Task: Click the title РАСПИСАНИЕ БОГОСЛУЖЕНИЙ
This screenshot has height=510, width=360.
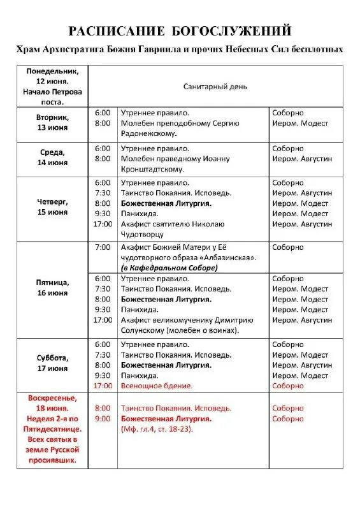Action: click(180, 31)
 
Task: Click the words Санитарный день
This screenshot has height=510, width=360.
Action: click(215, 86)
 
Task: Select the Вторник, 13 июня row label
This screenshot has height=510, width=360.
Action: click(52, 122)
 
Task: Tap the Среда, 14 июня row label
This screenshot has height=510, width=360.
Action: click(52, 157)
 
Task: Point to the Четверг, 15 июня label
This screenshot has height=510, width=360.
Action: click(52, 207)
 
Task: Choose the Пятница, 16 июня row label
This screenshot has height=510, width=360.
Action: click(52, 288)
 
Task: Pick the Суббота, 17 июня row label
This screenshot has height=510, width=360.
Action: click(52, 363)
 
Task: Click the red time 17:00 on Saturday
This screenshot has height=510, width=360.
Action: click(102, 386)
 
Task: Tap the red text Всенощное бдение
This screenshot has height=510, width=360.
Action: click(156, 386)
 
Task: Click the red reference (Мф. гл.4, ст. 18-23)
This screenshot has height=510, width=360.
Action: click(157, 429)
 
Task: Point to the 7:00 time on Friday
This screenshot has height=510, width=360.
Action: click(102, 247)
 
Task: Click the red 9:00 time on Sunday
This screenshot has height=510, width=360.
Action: click(102, 419)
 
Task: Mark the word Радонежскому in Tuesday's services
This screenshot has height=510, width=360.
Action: click(149, 133)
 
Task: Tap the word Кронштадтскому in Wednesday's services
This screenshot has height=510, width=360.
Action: click(152, 169)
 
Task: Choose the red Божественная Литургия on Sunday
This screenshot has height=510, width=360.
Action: click(166, 419)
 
